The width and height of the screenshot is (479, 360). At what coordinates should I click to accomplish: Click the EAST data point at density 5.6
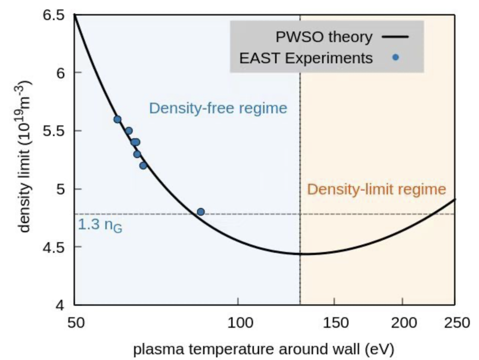[x=117, y=119]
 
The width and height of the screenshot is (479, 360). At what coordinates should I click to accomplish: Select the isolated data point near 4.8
[x=201, y=212]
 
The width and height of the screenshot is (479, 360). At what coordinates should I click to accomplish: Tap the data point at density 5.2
[x=143, y=166]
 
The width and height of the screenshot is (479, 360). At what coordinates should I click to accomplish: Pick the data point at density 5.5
[x=129, y=131]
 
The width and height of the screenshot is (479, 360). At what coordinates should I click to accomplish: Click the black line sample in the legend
[x=395, y=37]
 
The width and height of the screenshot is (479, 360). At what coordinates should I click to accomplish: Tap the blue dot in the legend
[x=395, y=58]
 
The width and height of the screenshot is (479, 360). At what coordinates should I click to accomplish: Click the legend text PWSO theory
[x=324, y=37]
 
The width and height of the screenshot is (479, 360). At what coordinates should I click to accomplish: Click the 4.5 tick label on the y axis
[x=55, y=247]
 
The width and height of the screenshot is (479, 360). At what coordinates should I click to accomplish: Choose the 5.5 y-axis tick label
[x=55, y=131]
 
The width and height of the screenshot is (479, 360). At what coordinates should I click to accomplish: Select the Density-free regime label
[x=218, y=108]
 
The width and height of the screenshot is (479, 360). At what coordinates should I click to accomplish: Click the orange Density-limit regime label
[x=376, y=189]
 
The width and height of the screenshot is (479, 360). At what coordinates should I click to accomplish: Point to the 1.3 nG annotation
[x=100, y=225]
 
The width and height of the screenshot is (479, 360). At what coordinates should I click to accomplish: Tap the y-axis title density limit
[x=26, y=159]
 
